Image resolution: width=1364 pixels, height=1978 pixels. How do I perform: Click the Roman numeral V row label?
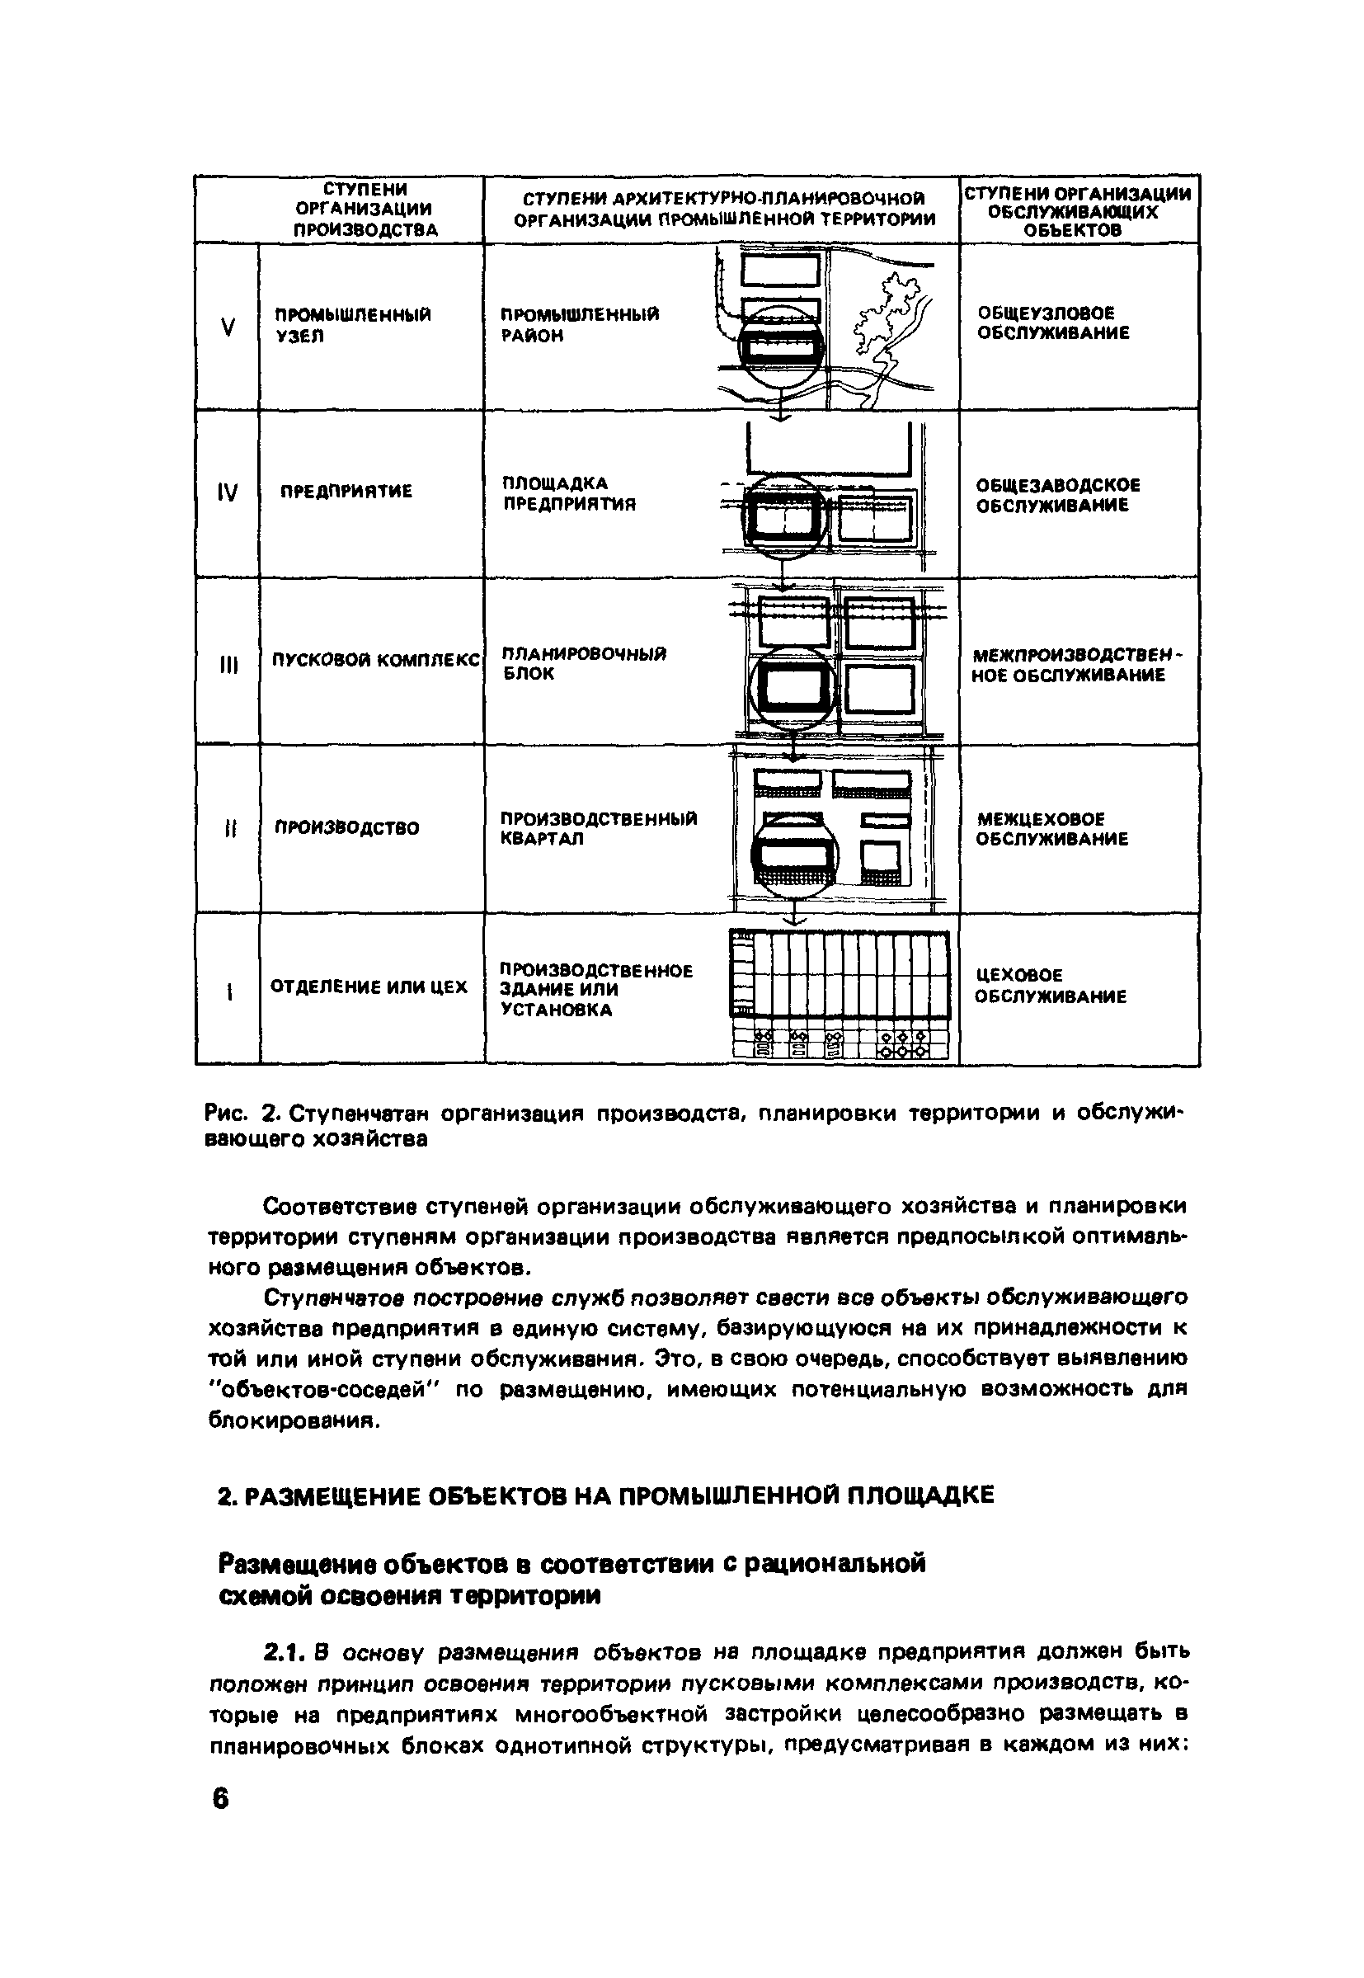pyautogui.click(x=228, y=327)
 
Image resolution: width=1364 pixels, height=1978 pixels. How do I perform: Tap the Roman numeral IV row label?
pyautogui.click(x=228, y=492)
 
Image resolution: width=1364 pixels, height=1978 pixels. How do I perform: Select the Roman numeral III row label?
pyautogui.click(x=228, y=664)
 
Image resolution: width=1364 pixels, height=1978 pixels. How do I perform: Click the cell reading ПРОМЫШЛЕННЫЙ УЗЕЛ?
pyautogui.click(x=352, y=326)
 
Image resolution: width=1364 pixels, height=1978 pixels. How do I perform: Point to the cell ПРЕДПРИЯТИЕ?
pyautogui.click(x=346, y=492)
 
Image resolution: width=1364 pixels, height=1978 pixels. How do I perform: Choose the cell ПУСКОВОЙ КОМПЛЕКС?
pyautogui.click(x=376, y=661)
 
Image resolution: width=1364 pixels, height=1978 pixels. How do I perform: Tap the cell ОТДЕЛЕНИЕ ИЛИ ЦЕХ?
pyautogui.click(x=369, y=987)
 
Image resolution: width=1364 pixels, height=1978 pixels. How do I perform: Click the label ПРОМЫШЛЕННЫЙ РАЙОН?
pyautogui.click(x=580, y=326)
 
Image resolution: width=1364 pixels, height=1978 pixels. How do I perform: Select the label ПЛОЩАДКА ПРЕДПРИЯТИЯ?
pyautogui.click(x=568, y=494)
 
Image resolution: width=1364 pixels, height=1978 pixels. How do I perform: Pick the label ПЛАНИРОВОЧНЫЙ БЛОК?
pyautogui.click(x=584, y=663)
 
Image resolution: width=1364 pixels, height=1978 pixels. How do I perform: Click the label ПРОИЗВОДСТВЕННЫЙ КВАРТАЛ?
pyautogui.click(x=598, y=828)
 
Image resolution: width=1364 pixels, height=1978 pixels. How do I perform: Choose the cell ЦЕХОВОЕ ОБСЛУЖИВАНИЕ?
pyautogui.click(x=1051, y=987)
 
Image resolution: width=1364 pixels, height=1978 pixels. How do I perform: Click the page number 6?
pyautogui.click(x=220, y=1799)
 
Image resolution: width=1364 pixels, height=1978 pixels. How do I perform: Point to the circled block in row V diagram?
pyautogui.click(x=781, y=348)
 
